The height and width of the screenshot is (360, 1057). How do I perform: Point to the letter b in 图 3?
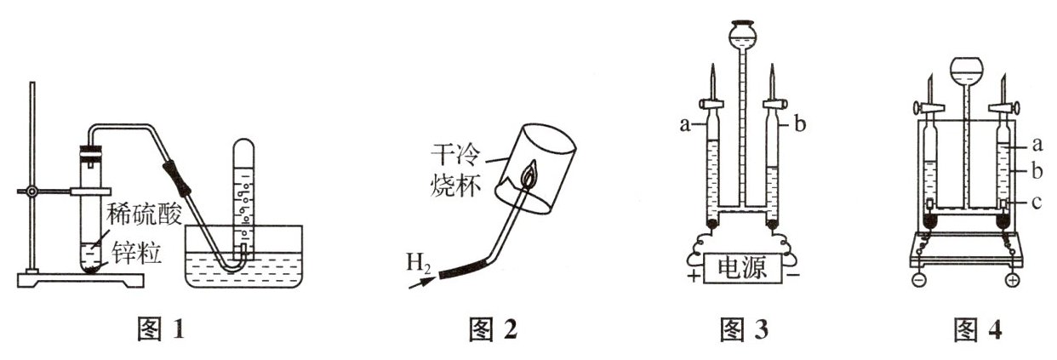tap(799, 125)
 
